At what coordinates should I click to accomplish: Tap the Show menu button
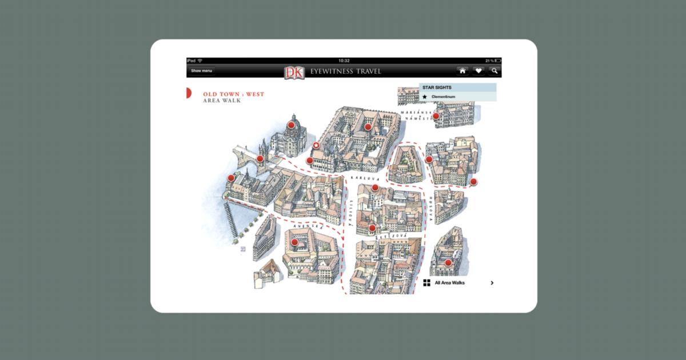point(201,71)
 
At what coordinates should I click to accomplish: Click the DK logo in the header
point(294,72)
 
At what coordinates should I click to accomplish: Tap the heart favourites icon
point(478,71)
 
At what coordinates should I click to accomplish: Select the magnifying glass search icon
point(494,71)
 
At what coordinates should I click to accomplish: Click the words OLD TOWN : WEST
point(233,94)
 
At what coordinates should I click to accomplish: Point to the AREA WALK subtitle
point(222,101)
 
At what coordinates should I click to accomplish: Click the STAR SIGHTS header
point(437,87)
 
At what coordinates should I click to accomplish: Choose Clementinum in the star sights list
point(443,97)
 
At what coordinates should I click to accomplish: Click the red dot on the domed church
point(291,125)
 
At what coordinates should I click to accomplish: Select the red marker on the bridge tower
point(260,159)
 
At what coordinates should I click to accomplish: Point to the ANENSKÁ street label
point(309,227)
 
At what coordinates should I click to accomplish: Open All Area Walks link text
point(449,283)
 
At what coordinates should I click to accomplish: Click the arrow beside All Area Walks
point(492,283)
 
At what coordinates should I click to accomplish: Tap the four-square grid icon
point(427,283)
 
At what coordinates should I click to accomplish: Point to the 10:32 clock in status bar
point(344,61)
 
